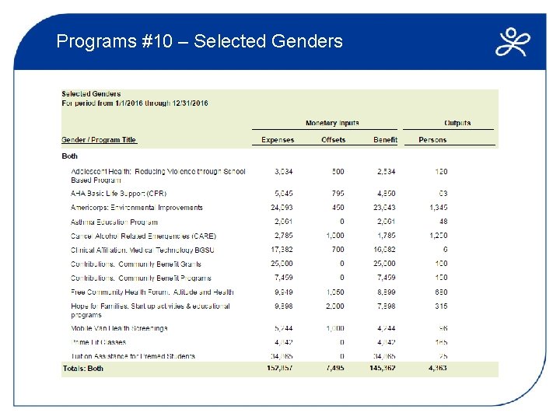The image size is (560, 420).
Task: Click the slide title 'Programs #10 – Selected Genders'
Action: click(x=199, y=40)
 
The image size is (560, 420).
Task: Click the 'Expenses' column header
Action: click(x=278, y=140)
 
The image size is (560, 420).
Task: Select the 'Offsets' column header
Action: click(x=333, y=140)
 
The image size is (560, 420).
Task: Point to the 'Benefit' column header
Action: click(x=384, y=140)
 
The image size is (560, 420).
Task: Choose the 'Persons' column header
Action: click(x=432, y=140)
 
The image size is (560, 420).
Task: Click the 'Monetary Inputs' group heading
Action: click(x=332, y=123)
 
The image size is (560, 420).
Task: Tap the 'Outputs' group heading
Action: click(x=457, y=123)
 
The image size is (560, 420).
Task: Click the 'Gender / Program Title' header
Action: click(x=99, y=140)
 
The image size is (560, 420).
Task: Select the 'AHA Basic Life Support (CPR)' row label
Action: click(x=118, y=193)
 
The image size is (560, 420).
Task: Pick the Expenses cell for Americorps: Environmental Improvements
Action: click(x=282, y=208)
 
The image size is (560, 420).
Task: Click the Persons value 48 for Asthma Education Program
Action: click(x=443, y=222)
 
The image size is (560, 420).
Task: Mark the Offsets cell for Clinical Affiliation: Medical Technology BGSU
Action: click(x=338, y=250)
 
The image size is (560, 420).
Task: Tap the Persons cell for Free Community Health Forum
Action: click(x=440, y=292)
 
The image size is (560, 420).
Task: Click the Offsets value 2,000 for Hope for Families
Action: click(x=334, y=306)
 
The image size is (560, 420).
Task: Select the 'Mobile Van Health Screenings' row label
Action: click(x=119, y=328)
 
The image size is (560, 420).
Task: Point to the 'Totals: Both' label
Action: click(x=82, y=368)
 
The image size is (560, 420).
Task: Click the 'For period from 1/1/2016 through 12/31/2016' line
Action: click(x=135, y=103)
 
